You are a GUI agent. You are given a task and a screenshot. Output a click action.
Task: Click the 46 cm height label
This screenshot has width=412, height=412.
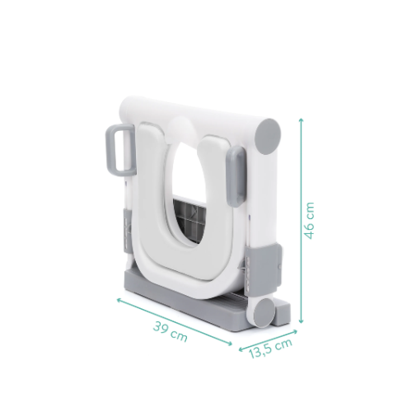pos(309,220)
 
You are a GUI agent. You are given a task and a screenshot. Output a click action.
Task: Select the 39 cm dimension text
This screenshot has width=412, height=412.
pos(171,331)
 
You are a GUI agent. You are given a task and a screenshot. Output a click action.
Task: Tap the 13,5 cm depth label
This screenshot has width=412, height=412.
pos(270,349)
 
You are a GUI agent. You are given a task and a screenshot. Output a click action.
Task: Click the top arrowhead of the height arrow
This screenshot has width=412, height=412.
pos(301,120)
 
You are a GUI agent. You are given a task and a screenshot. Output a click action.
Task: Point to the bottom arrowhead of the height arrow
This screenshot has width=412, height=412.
pos(301,321)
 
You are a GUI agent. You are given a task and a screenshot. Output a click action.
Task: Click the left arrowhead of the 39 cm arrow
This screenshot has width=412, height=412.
pos(119,301)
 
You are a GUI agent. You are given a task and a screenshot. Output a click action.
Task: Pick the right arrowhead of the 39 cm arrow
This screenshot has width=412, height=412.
pos(230,344)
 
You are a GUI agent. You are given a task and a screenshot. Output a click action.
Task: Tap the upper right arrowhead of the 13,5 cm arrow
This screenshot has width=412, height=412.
pos(295,331)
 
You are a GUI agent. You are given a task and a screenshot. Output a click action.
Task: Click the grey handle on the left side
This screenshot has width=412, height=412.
pos(120,150)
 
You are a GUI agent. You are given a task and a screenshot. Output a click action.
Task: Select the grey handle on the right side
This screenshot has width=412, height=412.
pos(236,176)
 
